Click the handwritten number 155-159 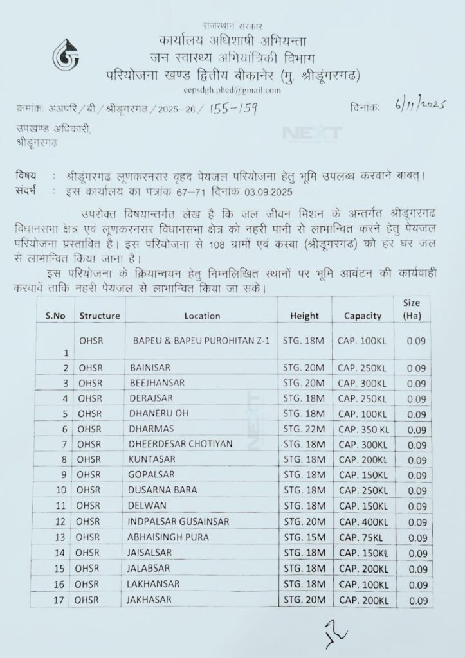233,109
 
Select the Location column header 202,316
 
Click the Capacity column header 363,316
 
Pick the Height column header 304,316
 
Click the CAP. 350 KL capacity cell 364,429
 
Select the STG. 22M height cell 304,429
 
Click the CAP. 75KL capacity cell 360,537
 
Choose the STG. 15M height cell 304,537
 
